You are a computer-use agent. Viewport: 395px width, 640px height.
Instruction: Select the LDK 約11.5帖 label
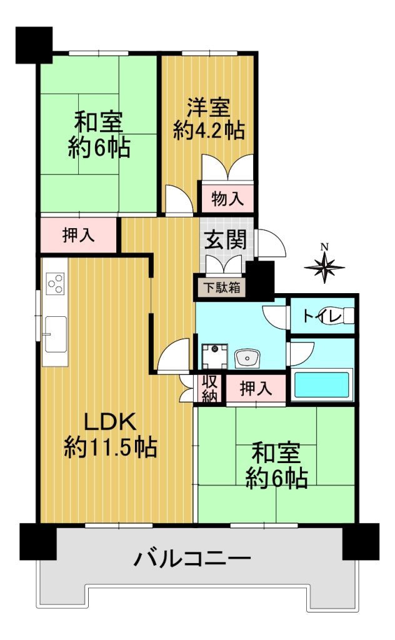coord(110,435)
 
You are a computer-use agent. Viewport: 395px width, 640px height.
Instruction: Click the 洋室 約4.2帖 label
coord(209,119)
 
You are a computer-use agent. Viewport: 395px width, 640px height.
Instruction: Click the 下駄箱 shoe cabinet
coord(222,287)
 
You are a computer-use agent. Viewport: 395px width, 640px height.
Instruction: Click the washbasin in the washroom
coord(247,358)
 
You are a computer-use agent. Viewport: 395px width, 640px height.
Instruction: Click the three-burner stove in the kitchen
coord(55,283)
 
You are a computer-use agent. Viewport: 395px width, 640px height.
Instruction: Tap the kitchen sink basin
coord(56,334)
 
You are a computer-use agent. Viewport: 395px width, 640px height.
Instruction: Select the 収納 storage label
coord(209,389)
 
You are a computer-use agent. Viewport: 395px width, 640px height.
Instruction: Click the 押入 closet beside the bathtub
coord(256,388)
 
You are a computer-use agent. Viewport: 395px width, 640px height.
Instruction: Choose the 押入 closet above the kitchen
coord(79,236)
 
